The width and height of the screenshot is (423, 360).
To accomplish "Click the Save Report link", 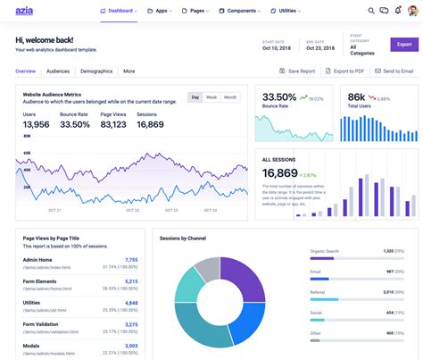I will (x=296, y=71).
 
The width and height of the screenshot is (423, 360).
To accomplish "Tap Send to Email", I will (x=393, y=71).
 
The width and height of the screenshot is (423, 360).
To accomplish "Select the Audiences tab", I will (x=58, y=71).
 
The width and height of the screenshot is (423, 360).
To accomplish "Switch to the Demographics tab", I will (x=95, y=71).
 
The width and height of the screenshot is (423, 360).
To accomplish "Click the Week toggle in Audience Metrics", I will (x=211, y=97).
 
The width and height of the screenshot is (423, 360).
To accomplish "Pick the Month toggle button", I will (x=230, y=97).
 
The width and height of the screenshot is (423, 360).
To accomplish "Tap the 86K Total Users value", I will (x=357, y=97).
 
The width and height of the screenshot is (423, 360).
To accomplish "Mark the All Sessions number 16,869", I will (x=279, y=172).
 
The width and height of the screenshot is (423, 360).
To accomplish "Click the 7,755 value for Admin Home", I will (x=131, y=260).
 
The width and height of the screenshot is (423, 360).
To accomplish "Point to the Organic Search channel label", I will (x=324, y=252).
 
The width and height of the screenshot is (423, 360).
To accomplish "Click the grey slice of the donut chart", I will (x=207, y=269).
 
